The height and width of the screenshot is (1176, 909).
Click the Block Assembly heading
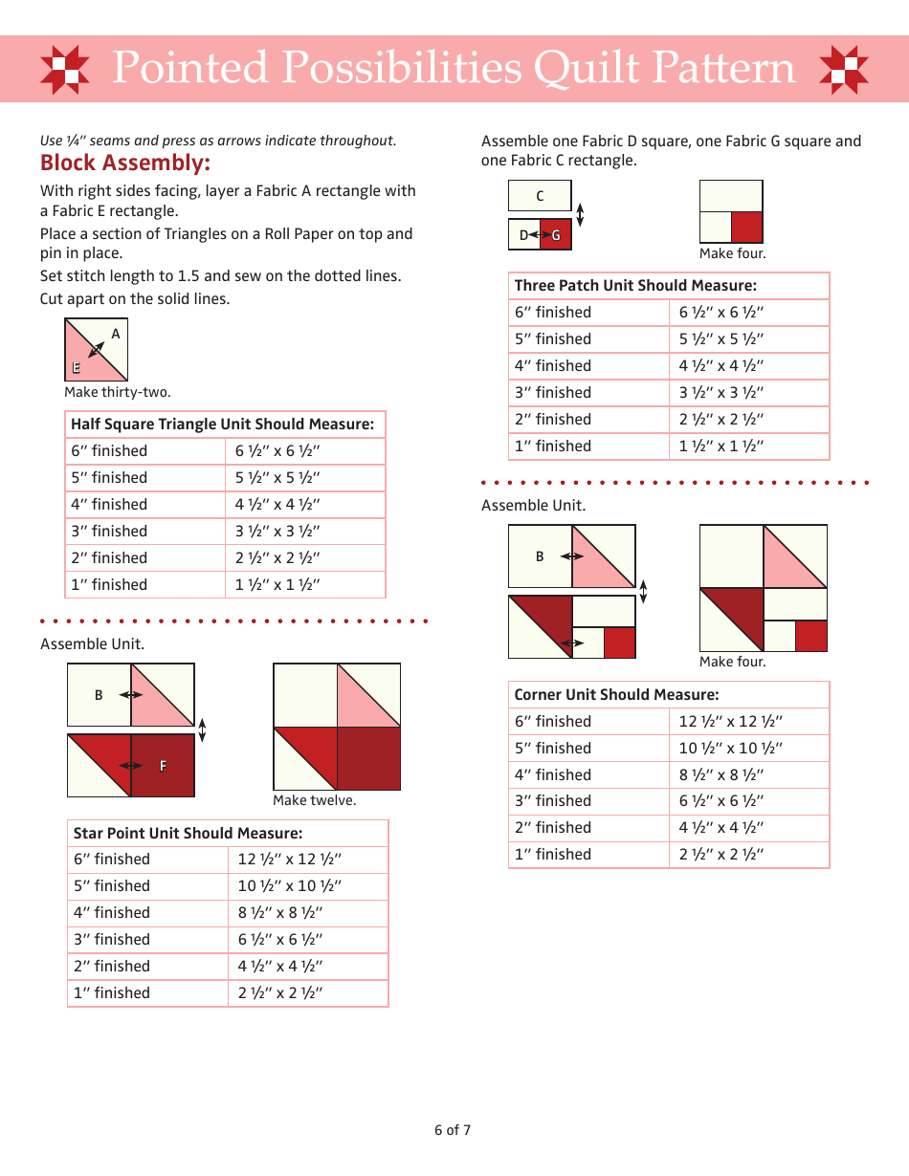coord(124,163)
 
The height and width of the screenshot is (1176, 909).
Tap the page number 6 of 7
coord(453,1130)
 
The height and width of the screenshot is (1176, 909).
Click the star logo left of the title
coord(65,70)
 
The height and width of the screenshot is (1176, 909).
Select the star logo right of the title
coord(845,70)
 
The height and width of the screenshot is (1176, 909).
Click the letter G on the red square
coord(556,235)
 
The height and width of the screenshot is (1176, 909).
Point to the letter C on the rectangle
coord(540,196)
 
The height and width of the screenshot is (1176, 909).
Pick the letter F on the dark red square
coord(163,766)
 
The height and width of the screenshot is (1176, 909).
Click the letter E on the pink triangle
coord(76,368)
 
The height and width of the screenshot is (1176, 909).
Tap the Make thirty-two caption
coord(117,392)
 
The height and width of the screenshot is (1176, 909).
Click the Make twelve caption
coord(314,800)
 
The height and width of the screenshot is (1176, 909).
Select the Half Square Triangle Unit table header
coord(222,425)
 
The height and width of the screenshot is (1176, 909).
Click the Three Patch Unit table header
coord(635,286)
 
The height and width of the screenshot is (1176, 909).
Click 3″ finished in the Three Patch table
coord(553,393)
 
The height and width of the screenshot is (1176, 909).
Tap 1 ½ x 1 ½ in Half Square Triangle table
coord(277,585)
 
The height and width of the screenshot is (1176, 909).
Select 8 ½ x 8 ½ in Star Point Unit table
coord(280,913)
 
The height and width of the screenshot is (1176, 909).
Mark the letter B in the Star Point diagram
coord(99,696)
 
